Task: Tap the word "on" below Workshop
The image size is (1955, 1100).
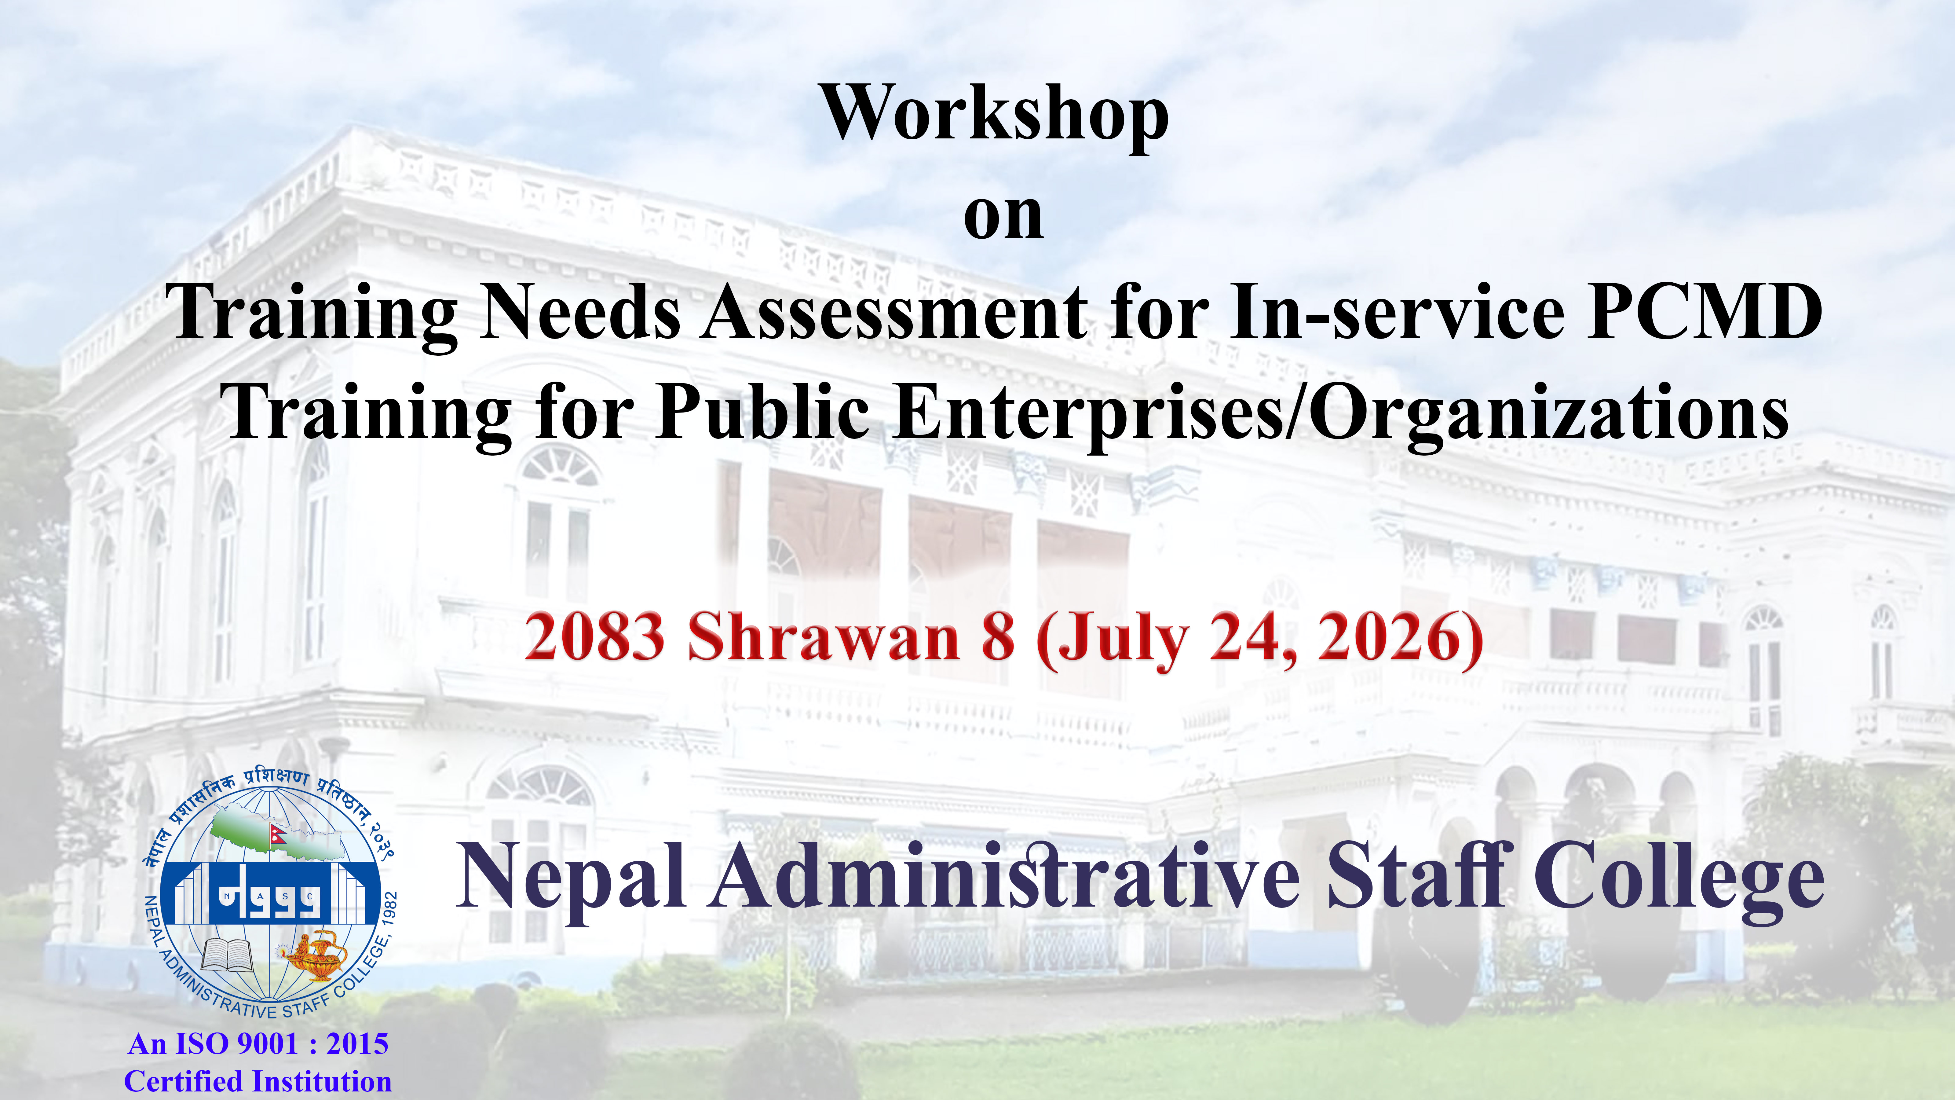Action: [1003, 216]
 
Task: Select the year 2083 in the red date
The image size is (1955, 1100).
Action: [594, 636]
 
